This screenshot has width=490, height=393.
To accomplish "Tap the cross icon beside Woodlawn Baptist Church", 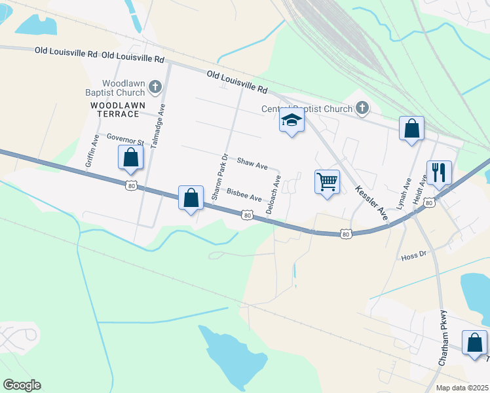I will pos(155,86).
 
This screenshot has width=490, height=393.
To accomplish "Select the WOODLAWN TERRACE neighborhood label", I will pos(115,109).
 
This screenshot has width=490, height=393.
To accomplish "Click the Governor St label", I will pos(124,140).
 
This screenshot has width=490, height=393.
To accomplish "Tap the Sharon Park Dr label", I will pos(217,177).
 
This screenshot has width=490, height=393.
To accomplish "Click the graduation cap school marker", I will pos(292,121).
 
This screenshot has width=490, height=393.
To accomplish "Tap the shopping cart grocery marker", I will pos(327,181).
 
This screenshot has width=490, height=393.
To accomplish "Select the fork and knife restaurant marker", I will pos(438,172).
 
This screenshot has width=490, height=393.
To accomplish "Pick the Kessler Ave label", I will pos(371,201).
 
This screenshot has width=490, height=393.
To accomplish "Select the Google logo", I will pos(22,385).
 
